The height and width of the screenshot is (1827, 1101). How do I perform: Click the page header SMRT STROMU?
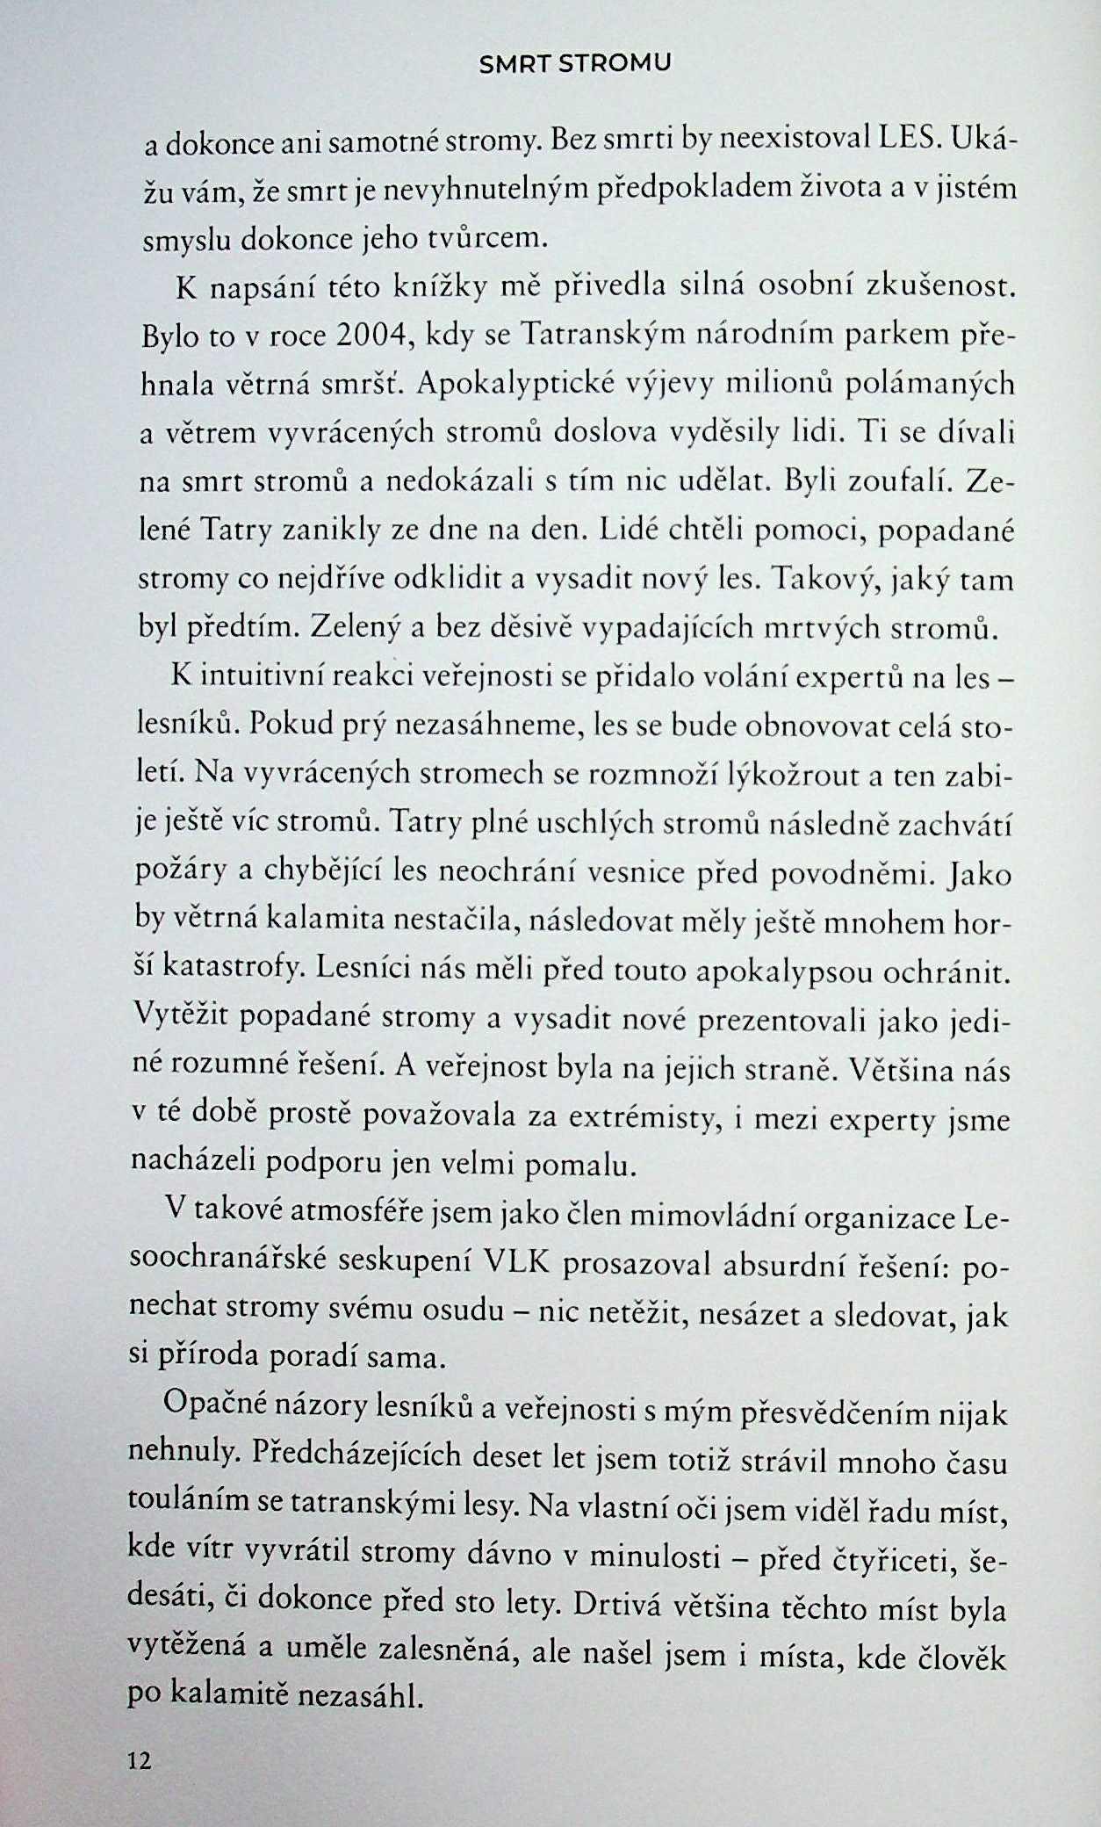point(575,63)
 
